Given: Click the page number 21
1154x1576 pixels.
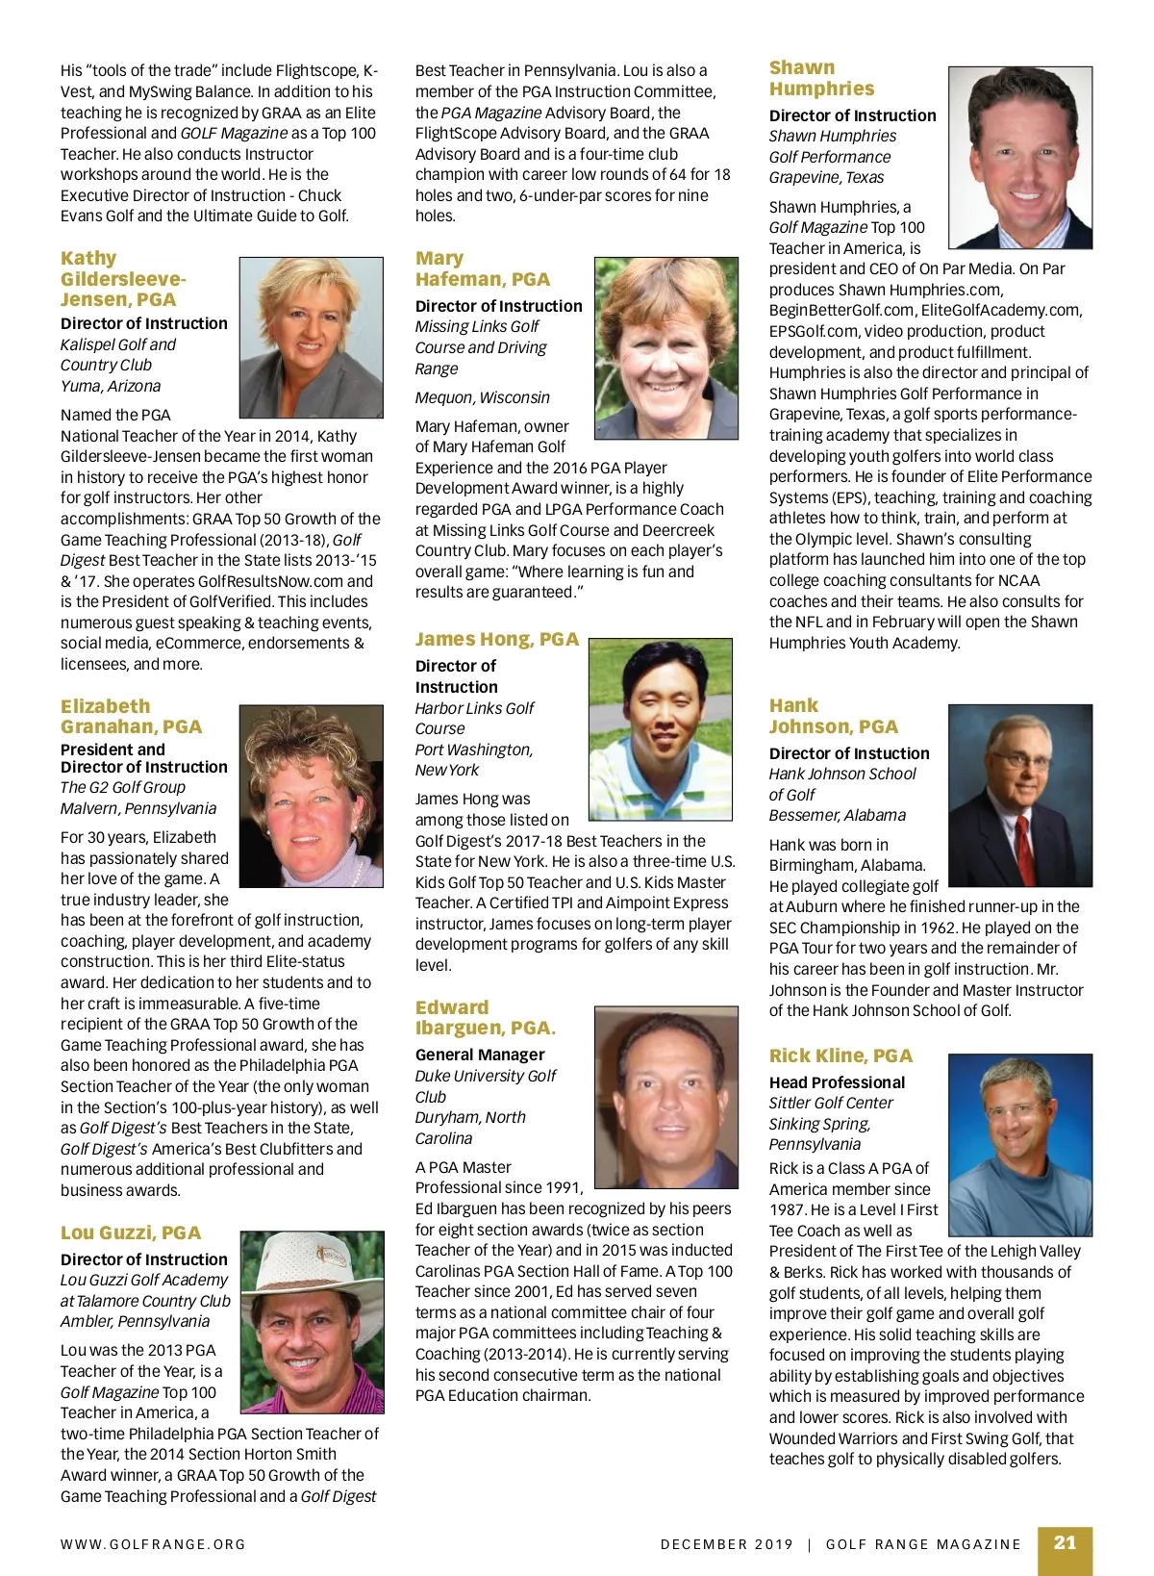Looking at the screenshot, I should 1065,1542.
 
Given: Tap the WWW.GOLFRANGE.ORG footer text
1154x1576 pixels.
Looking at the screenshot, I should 153,1544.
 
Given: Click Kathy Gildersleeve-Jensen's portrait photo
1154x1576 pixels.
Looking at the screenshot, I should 310,337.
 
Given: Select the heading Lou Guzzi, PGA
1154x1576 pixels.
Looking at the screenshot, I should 131,1233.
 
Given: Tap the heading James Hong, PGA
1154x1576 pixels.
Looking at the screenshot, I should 497,639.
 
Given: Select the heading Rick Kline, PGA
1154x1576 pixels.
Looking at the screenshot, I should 840,1055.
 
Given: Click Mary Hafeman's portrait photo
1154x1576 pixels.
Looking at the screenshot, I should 665,348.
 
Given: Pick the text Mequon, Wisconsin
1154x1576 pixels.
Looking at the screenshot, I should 483,397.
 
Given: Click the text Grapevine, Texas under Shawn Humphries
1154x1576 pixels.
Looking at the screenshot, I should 826,177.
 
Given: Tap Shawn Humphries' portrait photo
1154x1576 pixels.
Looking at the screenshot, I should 1019,158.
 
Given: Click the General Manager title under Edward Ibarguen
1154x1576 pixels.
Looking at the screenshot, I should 480,1055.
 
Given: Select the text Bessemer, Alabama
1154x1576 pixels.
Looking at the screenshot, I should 837,815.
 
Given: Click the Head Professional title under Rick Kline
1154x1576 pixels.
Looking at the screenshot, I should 837,1082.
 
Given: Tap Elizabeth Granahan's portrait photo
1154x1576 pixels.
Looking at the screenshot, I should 310,796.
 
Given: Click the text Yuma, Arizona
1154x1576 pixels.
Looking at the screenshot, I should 111,386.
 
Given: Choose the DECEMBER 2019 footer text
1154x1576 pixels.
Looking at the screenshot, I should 727,1544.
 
